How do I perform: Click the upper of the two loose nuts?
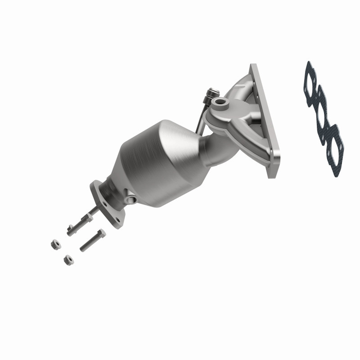54,244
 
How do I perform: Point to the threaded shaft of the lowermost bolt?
88,243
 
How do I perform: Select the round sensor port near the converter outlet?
131,198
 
